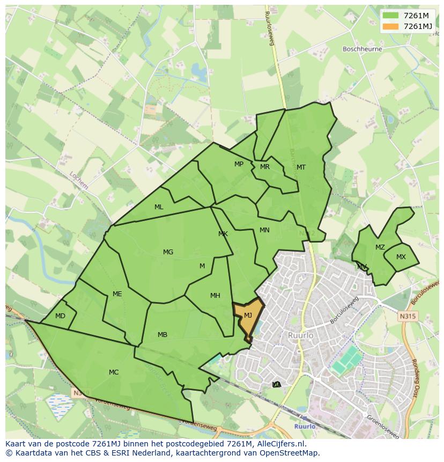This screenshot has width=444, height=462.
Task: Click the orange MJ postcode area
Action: [x=248, y=317]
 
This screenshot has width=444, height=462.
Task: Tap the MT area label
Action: [x=301, y=167]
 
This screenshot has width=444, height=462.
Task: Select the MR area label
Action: [x=264, y=167]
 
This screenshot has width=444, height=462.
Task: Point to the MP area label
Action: [x=239, y=164]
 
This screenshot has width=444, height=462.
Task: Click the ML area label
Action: [x=159, y=207]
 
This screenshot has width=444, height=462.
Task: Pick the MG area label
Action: [x=168, y=252]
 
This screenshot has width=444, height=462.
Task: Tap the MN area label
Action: [x=264, y=230]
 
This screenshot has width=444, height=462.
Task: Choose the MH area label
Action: [x=215, y=296]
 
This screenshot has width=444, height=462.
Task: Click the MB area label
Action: [x=162, y=335]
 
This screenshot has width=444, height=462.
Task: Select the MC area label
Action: [x=114, y=372]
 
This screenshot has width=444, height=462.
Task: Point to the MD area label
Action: [x=60, y=316]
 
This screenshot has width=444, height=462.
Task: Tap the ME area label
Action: [x=117, y=294]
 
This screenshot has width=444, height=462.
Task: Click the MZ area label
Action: [x=380, y=247]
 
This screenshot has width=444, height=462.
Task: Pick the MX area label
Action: [x=401, y=257]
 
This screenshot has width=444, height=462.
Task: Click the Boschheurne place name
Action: [x=362, y=49]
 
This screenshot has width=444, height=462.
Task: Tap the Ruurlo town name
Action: [x=300, y=335]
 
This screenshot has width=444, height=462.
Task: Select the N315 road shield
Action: [x=407, y=317]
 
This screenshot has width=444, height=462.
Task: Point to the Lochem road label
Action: [x=78, y=180]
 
